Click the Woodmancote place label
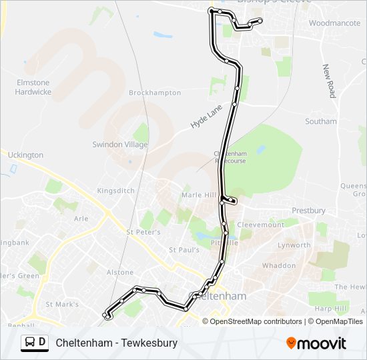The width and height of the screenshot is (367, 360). (334, 23)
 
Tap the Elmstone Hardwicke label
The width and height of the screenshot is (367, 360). (33, 87)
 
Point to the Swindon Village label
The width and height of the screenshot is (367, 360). (120, 144)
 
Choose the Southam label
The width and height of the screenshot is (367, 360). (320, 121)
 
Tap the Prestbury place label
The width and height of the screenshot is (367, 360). (308, 211)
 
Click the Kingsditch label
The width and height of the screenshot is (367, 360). (115, 191)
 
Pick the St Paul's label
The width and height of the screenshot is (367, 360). (184, 250)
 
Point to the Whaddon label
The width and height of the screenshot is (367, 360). (279, 265)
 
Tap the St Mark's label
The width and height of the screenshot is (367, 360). (62, 305)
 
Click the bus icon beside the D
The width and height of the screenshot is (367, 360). (30, 343)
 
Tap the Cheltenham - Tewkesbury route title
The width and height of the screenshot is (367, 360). (117, 343)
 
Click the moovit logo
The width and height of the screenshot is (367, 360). (316, 343)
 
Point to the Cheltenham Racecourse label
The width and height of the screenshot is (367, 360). (230, 157)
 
